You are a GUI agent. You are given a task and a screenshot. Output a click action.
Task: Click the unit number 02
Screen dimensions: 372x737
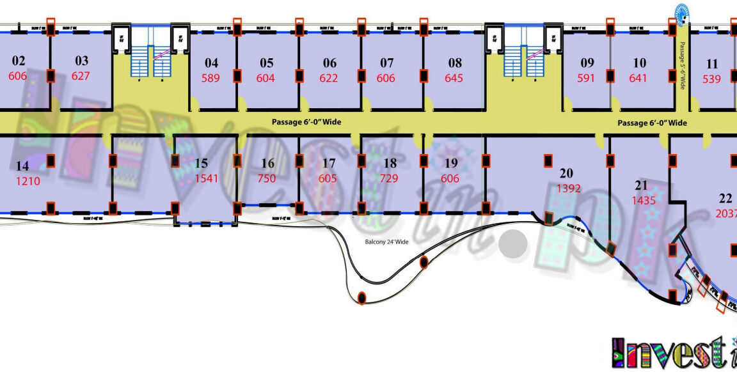point(19,61)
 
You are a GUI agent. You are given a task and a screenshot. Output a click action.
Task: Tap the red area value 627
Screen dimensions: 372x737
point(81,76)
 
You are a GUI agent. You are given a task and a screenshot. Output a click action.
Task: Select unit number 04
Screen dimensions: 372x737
point(211,63)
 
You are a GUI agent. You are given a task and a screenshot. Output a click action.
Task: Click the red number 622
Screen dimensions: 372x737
point(329,79)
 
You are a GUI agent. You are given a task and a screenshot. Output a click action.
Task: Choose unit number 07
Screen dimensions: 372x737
point(386,63)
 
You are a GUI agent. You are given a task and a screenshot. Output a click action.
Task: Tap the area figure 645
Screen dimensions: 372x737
point(454,79)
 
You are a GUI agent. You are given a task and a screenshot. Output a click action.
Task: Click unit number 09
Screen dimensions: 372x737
point(587,63)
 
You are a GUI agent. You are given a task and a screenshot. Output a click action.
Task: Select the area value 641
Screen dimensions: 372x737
point(638,79)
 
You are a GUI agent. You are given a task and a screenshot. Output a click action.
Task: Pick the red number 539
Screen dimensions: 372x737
point(711,79)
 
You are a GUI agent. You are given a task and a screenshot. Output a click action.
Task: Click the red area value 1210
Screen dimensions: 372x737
point(28,181)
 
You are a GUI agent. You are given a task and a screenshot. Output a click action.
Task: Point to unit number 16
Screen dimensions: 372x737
point(267,164)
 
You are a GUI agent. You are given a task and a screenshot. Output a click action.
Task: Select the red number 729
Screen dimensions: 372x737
point(390,178)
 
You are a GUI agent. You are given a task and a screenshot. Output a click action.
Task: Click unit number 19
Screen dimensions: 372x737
point(451,164)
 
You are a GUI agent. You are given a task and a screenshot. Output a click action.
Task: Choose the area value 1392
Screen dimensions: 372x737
point(568,189)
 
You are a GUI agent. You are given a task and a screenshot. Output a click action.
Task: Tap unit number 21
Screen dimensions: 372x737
point(641,186)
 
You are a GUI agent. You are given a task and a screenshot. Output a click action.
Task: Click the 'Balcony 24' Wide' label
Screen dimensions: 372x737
point(386,242)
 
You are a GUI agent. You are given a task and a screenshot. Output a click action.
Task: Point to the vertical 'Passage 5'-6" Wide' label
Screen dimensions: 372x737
point(682,65)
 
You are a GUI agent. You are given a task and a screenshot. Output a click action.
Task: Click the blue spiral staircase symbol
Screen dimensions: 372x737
point(683,11)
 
